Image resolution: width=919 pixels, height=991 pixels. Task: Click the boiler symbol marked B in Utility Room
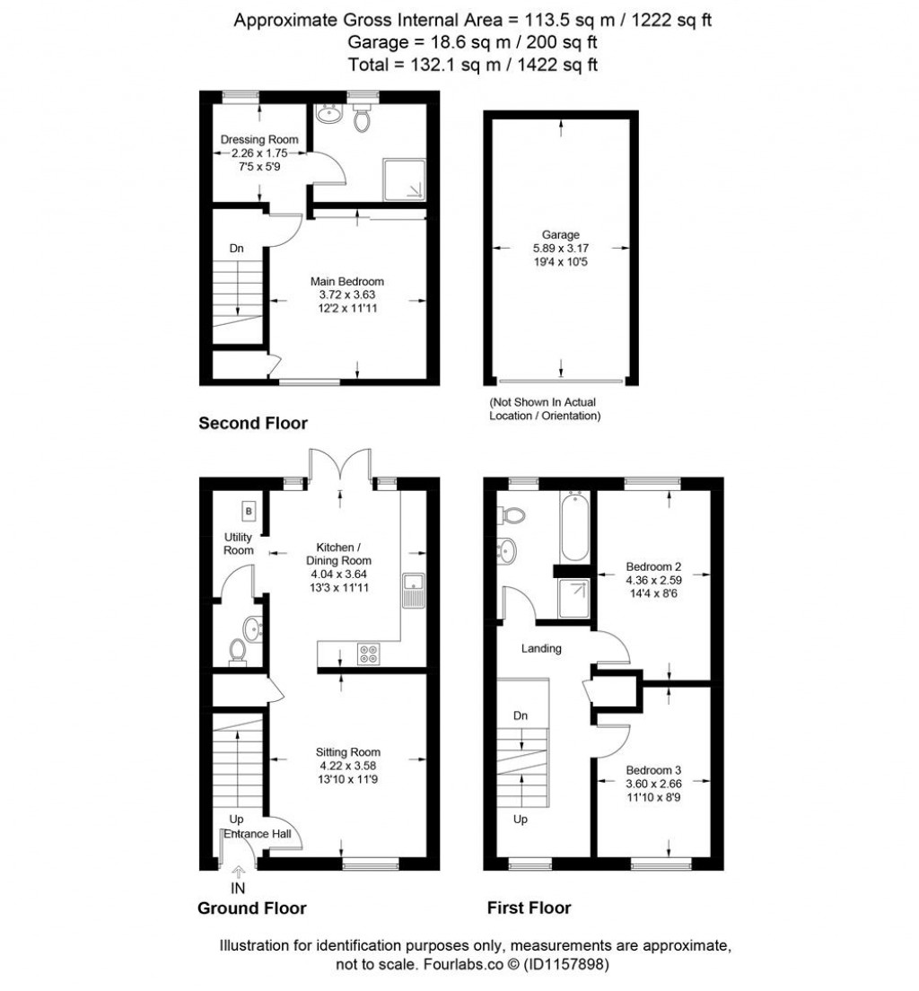[249, 511]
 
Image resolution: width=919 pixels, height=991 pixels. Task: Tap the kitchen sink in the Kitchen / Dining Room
[414, 591]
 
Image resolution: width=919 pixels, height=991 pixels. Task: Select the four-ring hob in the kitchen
[369, 653]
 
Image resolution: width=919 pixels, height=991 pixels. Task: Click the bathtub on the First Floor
[574, 526]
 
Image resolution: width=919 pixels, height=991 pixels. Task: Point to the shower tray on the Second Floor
[404, 180]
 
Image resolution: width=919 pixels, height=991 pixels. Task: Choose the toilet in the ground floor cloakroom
[238, 652]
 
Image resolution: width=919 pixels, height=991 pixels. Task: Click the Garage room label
[561, 234]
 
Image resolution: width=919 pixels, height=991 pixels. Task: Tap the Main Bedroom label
[347, 281]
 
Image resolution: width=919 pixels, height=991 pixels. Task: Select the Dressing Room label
[259, 140]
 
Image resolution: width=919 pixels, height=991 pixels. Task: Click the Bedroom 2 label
[653, 566]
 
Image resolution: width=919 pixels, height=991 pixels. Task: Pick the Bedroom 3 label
[653, 770]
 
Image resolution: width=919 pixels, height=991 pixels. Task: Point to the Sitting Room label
[348, 752]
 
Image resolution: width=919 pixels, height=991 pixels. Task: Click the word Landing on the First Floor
[541, 648]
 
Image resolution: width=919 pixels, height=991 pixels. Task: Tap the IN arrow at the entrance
[238, 873]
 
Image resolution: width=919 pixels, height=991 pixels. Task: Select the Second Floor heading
[253, 424]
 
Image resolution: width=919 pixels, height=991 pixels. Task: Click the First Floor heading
[529, 908]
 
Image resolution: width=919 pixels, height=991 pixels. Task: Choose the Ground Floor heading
[251, 908]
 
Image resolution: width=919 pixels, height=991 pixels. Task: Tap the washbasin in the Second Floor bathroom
[328, 114]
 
